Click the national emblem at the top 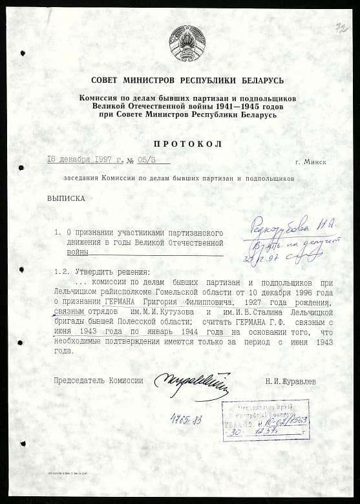pyautogui.click(x=187, y=44)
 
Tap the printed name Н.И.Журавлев pyautogui.click(x=291, y=381)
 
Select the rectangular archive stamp pyautogui.click(x=265, y=420)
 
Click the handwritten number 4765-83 pyautogui.click(x=185, y=420)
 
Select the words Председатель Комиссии pyautogui.click(x=98, y=381)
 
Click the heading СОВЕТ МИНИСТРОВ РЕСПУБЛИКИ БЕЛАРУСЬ pyautogui.click(x=187, y=80)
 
